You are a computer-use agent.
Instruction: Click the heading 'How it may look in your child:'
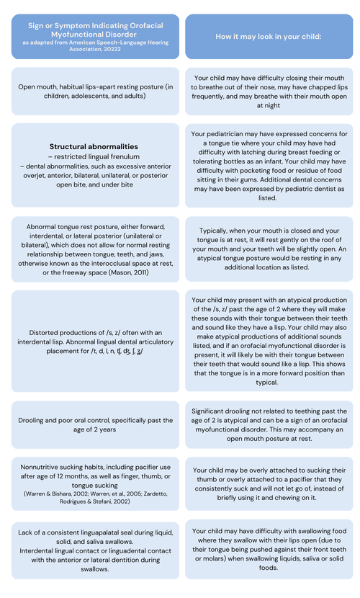pyautogui.click(x=269, y=36)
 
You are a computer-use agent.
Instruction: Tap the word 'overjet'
pyautogui.click(x=39, y=175)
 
